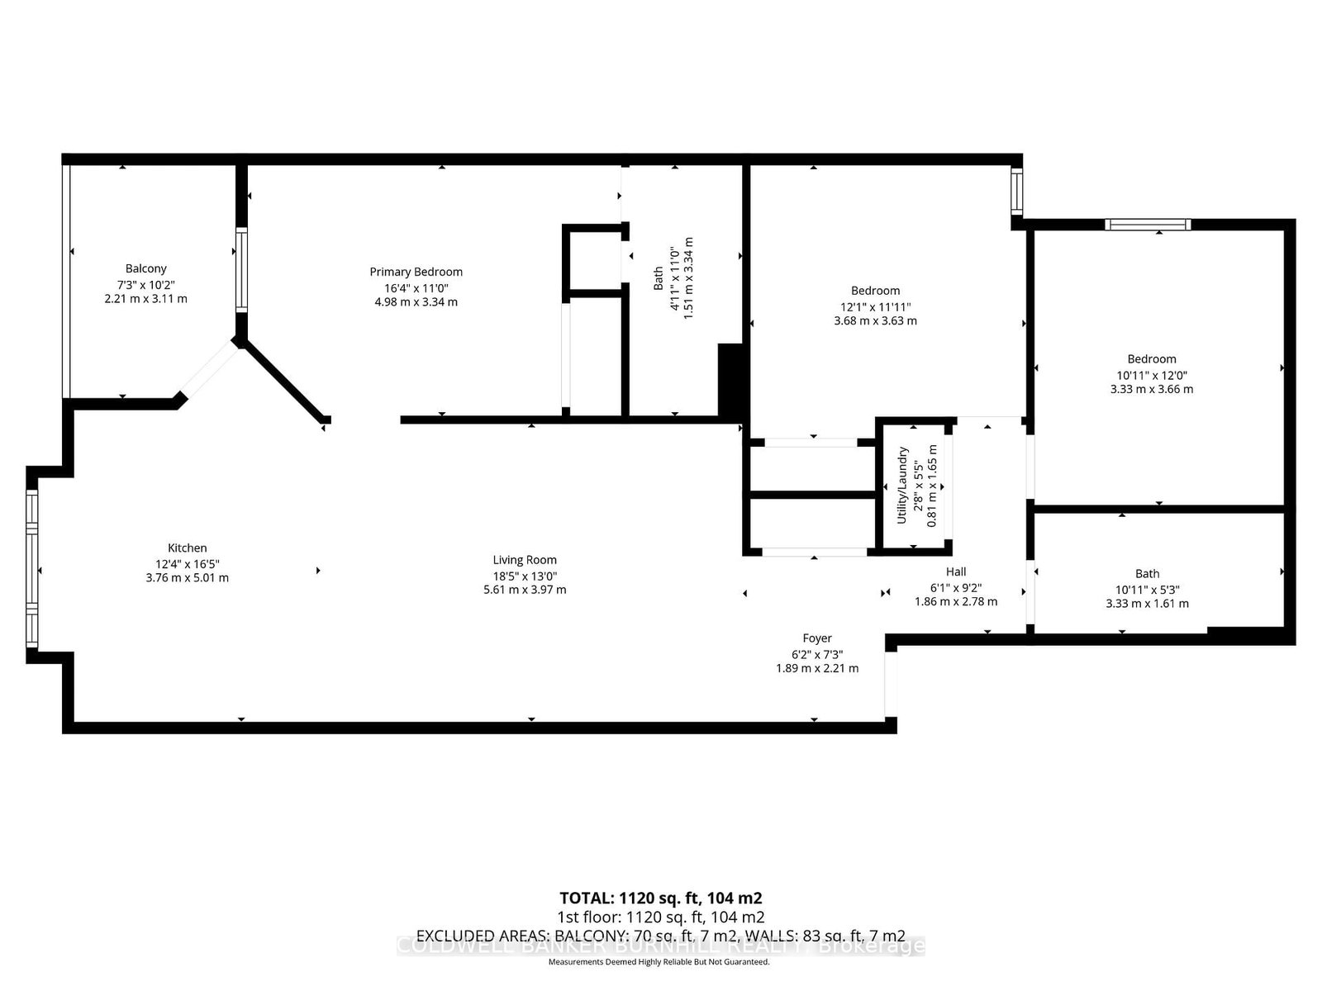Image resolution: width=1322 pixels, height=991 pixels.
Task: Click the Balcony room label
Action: (146, 268)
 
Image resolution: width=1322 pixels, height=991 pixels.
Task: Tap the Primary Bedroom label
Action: (416, 272)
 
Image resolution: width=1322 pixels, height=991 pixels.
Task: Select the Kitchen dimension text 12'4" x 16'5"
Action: (187, 563)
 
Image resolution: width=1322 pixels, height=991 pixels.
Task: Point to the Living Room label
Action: (525, 560)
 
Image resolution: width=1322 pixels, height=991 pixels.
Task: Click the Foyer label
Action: (817, 638)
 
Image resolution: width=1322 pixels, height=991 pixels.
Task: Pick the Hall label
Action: (956, 571)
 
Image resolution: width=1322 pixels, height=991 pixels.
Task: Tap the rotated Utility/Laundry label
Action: (903, 485)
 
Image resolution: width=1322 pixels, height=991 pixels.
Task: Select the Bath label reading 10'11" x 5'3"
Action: (1147, 574)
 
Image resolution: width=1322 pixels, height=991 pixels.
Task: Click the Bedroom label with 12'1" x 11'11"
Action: (875, 291)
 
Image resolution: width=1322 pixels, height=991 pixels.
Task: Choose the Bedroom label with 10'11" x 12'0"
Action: (1152, 359)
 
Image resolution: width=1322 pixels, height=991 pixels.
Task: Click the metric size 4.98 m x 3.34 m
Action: (416, 302)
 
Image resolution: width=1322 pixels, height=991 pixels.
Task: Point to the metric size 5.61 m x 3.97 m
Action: (525, 590)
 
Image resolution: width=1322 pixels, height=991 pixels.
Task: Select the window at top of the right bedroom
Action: (1148, 224)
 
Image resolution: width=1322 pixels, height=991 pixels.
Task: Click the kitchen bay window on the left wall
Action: (31, 570)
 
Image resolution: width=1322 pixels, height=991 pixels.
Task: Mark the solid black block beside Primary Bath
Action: (730, 382)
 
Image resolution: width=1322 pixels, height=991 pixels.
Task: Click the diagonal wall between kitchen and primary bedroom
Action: (283, 382)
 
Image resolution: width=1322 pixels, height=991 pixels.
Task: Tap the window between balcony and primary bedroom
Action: (240, 269)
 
